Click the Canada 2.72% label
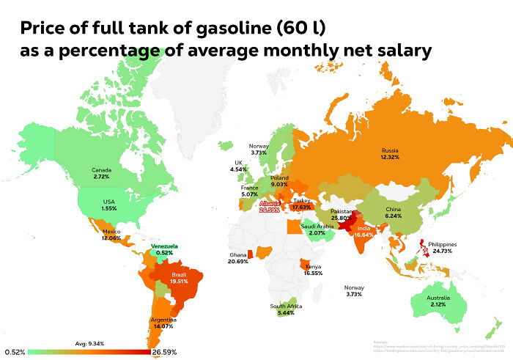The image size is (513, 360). point(102,174)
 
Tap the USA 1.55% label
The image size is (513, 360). point(109,205)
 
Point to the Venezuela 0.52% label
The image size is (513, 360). point(166,249)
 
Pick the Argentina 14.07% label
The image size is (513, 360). point(163,323)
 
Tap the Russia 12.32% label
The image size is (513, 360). point(389,153)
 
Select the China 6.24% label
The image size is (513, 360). point(394,213)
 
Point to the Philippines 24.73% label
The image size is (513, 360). point(462,247)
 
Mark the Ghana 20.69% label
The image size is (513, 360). point(237,258)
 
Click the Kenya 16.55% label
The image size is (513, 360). point(314,269)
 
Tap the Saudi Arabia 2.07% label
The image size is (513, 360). point(317,229)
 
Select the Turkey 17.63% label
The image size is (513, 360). point(302,203)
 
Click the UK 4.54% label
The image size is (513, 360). point(238,166)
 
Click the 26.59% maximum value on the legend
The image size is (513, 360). point(164,353)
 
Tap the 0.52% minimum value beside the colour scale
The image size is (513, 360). point(15,353)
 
